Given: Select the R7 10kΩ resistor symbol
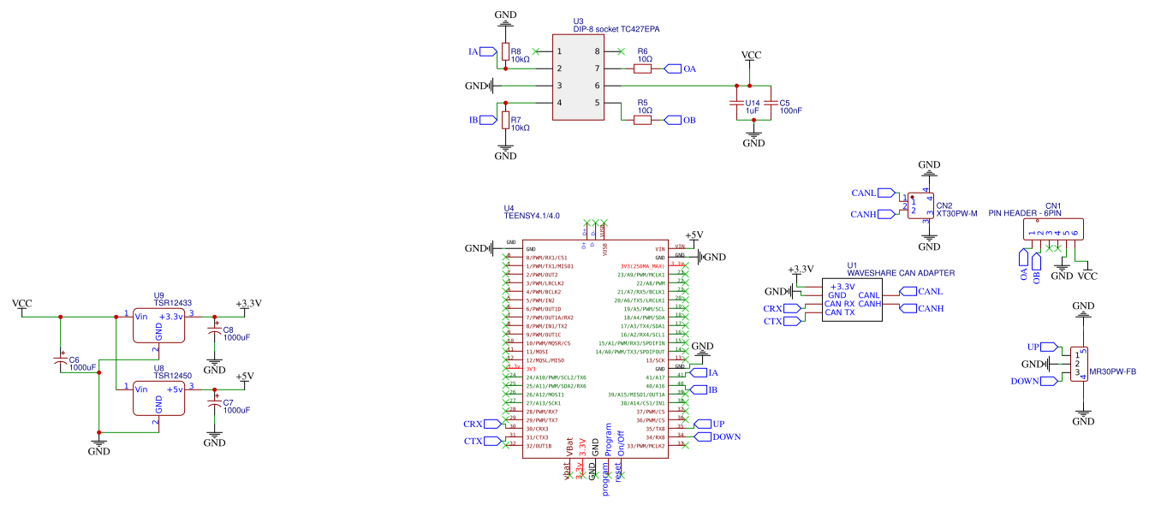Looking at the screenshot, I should click(x=505, y=119).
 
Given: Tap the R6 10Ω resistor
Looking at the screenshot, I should click(x=642, y=68).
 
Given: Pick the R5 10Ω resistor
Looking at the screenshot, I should click(x=642, y=120).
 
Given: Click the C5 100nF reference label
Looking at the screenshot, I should click(x=789, y=107).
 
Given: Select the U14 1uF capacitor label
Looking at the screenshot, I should click(x=752, y=107).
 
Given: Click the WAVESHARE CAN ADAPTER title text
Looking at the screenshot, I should click(x=900, y=273).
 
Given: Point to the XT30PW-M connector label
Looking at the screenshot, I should click(x=956, y=214).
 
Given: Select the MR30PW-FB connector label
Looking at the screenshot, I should click(x=1111, y=371).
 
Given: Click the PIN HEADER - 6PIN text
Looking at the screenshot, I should click(x=1024, y=213).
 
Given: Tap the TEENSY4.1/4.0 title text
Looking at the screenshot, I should click(x=532, y=216).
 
